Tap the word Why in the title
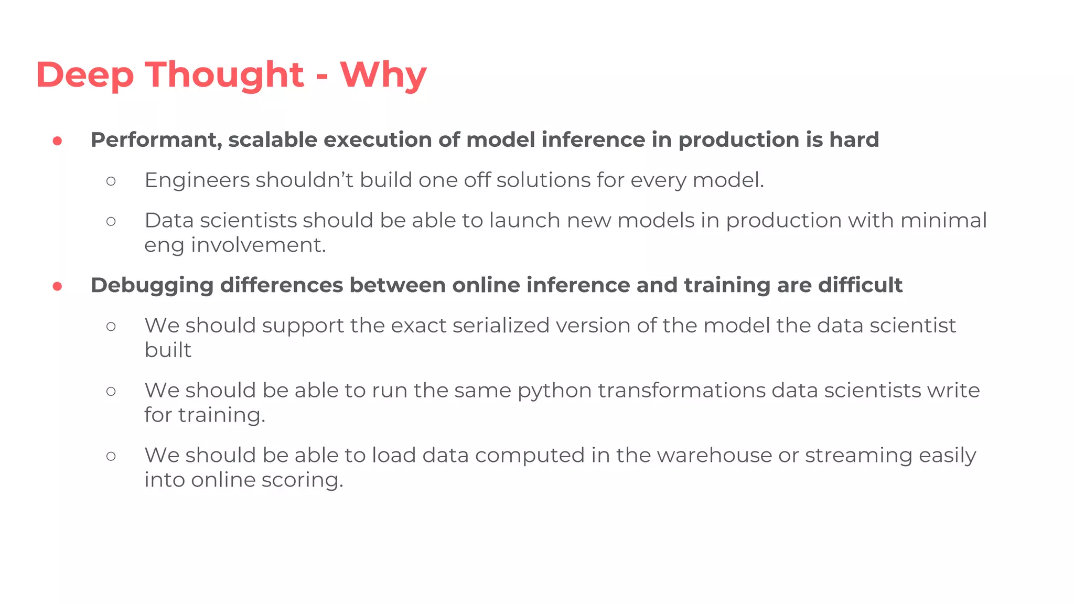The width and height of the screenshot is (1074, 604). click(x=383, y=75)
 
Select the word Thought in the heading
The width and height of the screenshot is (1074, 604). click(x=224, y=75)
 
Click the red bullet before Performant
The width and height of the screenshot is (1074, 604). click(x=58, y=141)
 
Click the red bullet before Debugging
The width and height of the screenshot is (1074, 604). click(x=58, y=286)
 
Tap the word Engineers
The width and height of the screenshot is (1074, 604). click(x=197, y=180)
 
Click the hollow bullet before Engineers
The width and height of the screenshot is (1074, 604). click(x=111, y=181)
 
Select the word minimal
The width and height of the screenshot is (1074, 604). click(x=943, y=220)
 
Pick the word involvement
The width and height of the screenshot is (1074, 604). click(x=258, y=245)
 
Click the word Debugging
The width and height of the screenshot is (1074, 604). click(x=152, y=286)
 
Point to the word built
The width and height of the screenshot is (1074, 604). click(x=168, y=350)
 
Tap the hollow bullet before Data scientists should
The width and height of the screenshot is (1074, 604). click(x=111, y=221)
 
